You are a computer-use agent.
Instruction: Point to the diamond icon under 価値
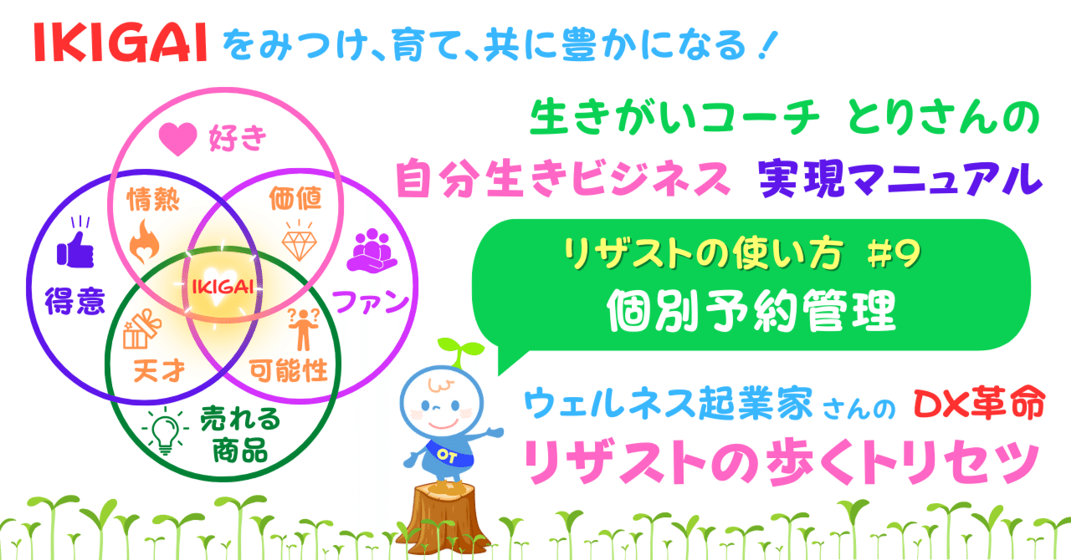[297, 241]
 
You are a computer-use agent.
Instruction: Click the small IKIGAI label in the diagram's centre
[222, 288]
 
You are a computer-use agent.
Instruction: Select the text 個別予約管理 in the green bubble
[751, 311]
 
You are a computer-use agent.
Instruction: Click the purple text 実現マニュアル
[900, 177]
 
